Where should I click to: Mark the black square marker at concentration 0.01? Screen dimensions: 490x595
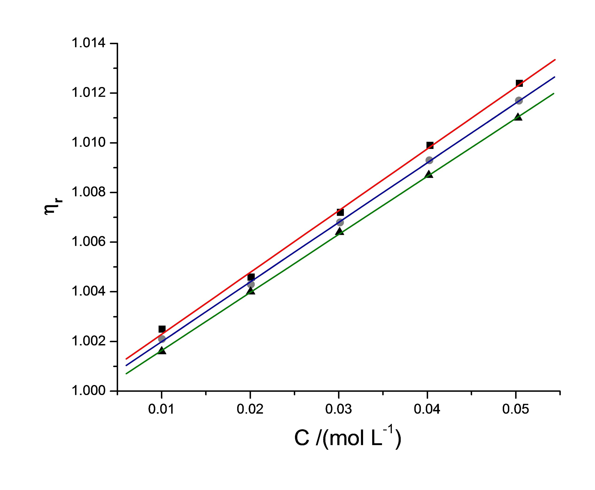pyautogui.click(x=162, y=329)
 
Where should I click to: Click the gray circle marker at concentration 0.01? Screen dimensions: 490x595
pyautogui.click(x=162, y=339)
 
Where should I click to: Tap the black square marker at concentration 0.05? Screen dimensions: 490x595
pyautogui.click(x=519, y=83)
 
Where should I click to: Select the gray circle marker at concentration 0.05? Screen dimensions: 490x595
pyautogui.click(x=519, y=101)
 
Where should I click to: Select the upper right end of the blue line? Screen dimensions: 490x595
pyautogui.click(x=554, y=77)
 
